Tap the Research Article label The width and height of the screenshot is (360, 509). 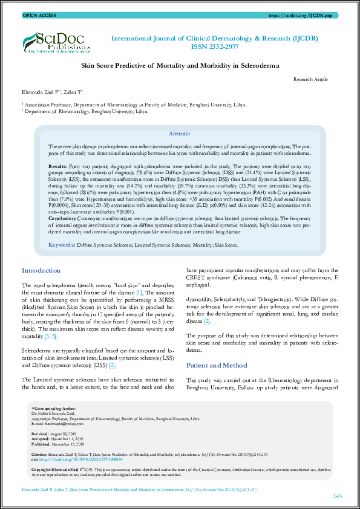click(x=310, y=79)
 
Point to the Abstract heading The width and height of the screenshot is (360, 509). click(x=179, y=133)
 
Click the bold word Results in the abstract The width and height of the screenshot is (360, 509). click(x=57, y=165)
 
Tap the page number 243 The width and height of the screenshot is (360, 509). click(x=337, y=496)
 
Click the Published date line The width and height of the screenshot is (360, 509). click(x=59, y=443)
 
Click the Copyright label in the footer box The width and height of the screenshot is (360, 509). click(x=47, y=468)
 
